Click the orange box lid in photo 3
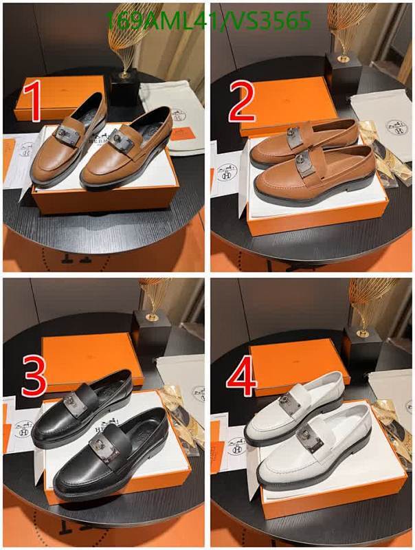click(93, 357)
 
